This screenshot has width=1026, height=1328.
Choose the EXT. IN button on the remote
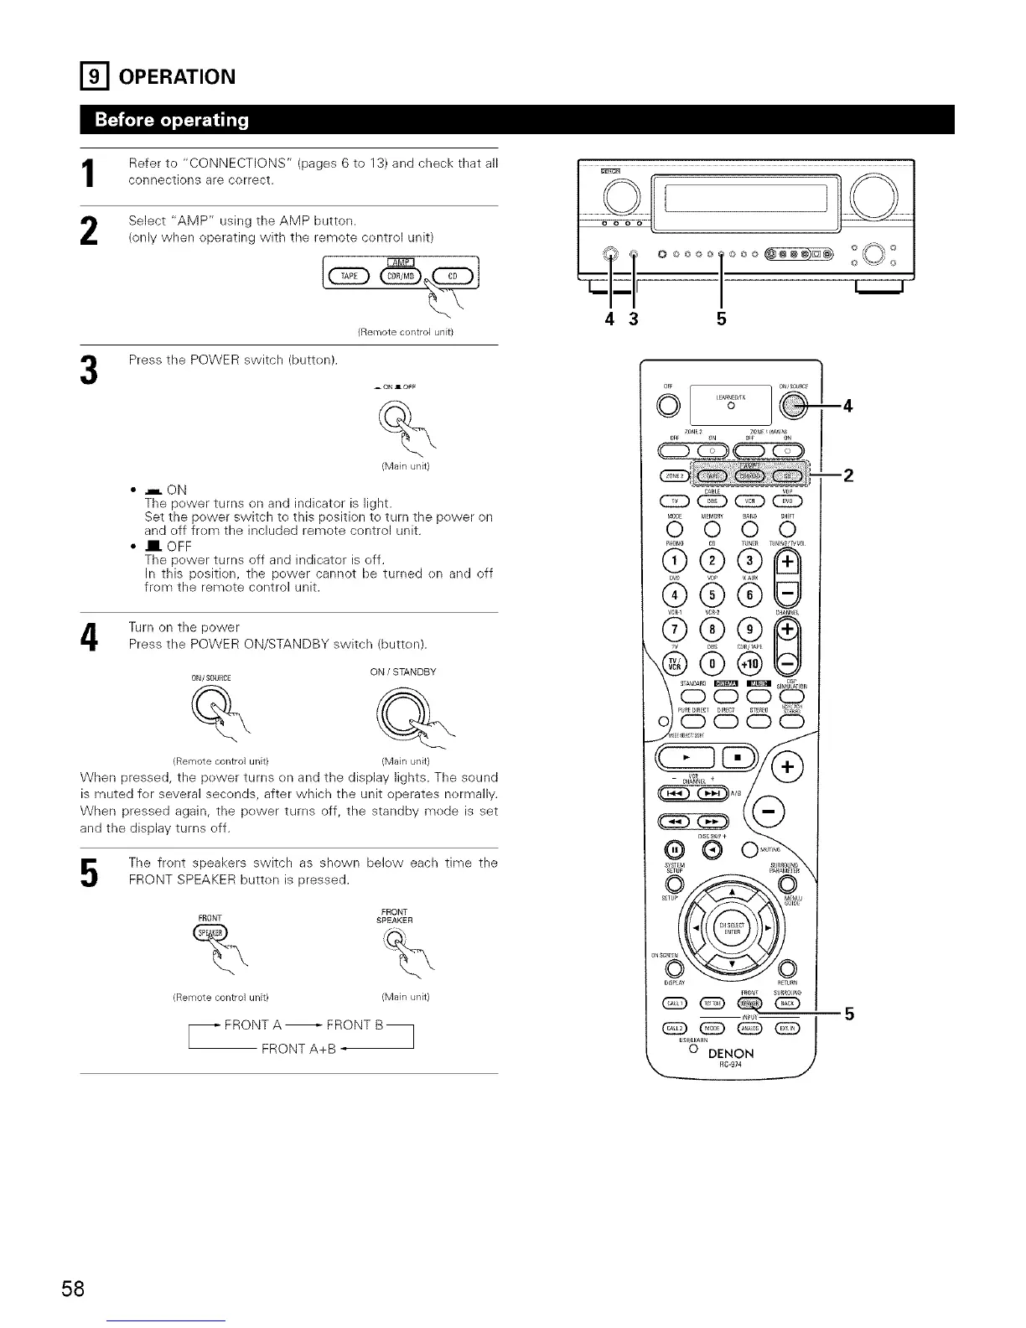[787, 1029]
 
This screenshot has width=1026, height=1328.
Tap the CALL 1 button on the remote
[675, 1004]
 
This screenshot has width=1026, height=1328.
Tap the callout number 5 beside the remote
[848, 1015]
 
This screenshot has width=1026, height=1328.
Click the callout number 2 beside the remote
[848, 476]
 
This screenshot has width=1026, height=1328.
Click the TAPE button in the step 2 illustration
[345, 278]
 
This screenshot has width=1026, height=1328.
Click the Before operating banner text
[173, 120]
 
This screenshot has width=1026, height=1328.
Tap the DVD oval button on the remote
[788, 502]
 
